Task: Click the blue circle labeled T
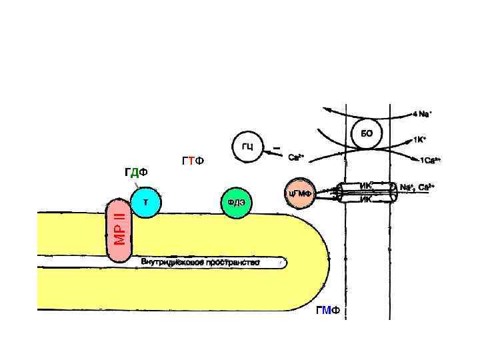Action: click(x=145, y=201)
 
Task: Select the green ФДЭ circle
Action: click(x=236, y=203)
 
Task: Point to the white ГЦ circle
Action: click(x=247, y=147)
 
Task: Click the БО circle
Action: click(x=367, y=133)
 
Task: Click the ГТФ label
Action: click(x=193, y=161)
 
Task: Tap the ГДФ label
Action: click(x=135, y=173)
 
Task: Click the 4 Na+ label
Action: click(x=422, y=113)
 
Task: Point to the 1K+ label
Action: click(x=419, y=140)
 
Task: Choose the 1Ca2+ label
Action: click(x=430, y=161)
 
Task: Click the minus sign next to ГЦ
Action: click(x=276, y=147)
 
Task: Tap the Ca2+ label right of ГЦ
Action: click(x=296, y=158)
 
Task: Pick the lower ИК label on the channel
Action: click(x=365, y=199)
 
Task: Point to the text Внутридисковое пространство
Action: click(x=200, y=262)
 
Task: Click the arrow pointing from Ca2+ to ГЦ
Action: click(x=273, y=154)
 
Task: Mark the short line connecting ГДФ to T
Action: click(x=135, y=183)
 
